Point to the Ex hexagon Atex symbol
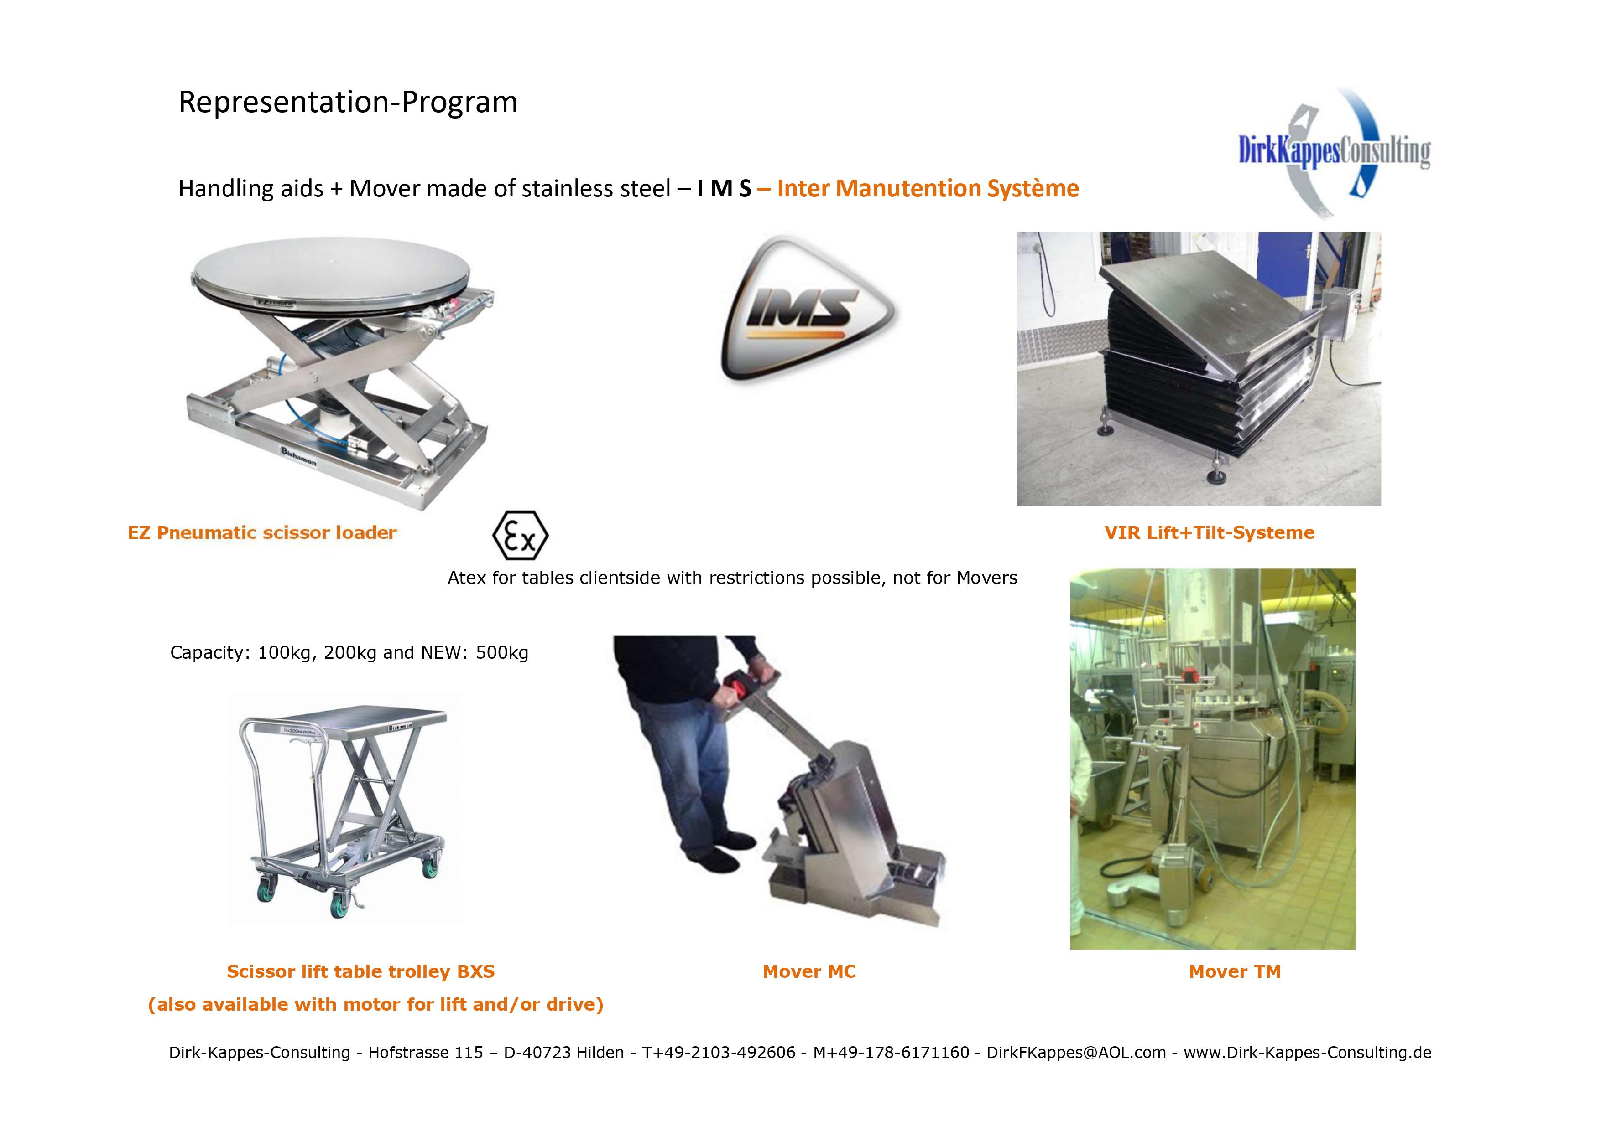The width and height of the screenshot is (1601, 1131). tap(520, 535)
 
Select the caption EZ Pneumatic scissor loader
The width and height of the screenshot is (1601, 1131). tap(262, 533)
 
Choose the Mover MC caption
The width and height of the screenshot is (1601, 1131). tap(809, 971)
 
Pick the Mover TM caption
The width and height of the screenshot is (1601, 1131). tap(1235, 971)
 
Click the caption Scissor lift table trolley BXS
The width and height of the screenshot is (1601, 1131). tap(360, 971)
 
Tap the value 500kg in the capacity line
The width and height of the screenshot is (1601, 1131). tap(502, 653)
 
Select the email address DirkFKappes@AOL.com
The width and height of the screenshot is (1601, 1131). tap(1076, 1052)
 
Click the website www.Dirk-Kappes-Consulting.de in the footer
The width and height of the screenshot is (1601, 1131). tap(1308, 1052)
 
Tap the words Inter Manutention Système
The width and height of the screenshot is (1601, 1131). tap(928, 189)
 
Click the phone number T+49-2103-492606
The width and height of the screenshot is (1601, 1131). tap(719, 1052)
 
